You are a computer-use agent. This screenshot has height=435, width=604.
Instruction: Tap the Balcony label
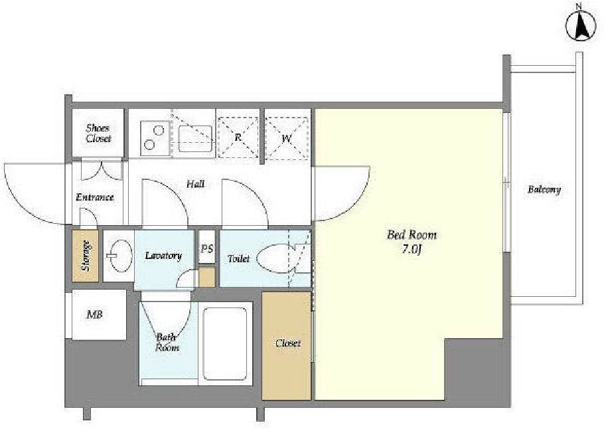click(544, 189)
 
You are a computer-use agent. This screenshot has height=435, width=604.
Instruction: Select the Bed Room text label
click(412, 234)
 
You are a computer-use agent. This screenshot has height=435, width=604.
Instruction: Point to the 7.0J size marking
click(412, 249)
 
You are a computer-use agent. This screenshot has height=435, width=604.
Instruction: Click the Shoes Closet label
click(98, 133)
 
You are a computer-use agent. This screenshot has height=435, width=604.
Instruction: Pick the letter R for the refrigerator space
click(238, 136)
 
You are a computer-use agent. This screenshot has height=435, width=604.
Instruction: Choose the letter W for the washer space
click(286, 138)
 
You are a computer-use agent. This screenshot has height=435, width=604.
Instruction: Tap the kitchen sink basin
click(195, 138)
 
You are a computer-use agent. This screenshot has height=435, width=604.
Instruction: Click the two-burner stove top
click(155, 138)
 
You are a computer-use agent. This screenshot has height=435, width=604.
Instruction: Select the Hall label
click(195, 184)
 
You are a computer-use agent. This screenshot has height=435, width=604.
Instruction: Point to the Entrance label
click(95, 197)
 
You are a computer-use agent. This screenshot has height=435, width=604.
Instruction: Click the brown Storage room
click(86, 256)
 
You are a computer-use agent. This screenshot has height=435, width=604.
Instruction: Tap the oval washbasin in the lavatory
click(119, 255)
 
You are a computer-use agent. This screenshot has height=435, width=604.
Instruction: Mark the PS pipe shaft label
click(207, 248)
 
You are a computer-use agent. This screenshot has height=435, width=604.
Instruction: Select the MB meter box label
click(95, 315)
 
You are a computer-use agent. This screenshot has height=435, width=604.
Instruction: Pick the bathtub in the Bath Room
click(225, 344)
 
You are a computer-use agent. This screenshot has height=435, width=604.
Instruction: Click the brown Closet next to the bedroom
click(286, 345)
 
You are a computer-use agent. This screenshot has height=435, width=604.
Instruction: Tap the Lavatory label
click(163, 256)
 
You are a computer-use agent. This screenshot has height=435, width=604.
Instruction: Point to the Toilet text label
click(238, 258)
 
